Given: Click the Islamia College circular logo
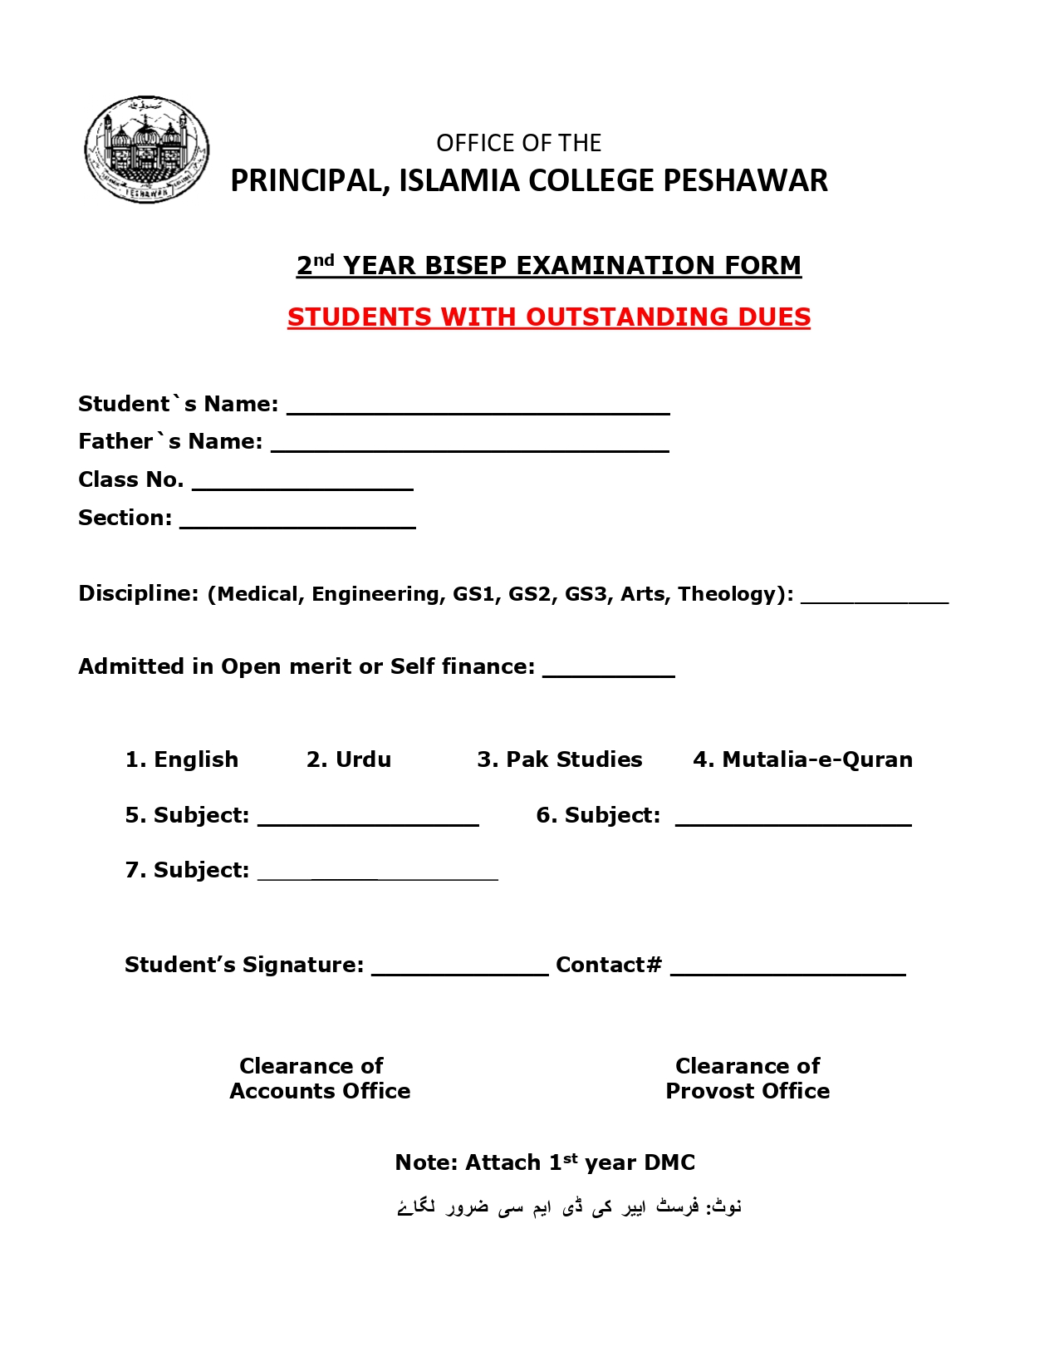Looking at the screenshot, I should pos(147,150).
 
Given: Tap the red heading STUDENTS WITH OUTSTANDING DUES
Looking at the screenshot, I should pos(549,317).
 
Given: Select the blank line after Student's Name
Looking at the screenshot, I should pos(478,409).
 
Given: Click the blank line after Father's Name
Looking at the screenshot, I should pos(470,446).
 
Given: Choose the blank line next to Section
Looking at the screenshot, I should pos(297,523).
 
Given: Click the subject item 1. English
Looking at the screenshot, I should pos(182,759).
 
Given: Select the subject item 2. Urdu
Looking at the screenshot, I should pos(349,759).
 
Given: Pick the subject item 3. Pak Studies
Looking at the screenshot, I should pos(560,759).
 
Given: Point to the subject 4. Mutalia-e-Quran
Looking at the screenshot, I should pos(802,759).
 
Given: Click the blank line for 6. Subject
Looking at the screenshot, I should pos(793,821).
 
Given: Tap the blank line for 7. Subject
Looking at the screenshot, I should pos(378,875).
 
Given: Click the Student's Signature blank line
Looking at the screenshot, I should pos(460,971).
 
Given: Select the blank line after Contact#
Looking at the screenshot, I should pos(787,971).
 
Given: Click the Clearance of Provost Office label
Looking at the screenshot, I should pos(748,1079).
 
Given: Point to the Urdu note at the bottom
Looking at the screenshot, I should pos(570,1206).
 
